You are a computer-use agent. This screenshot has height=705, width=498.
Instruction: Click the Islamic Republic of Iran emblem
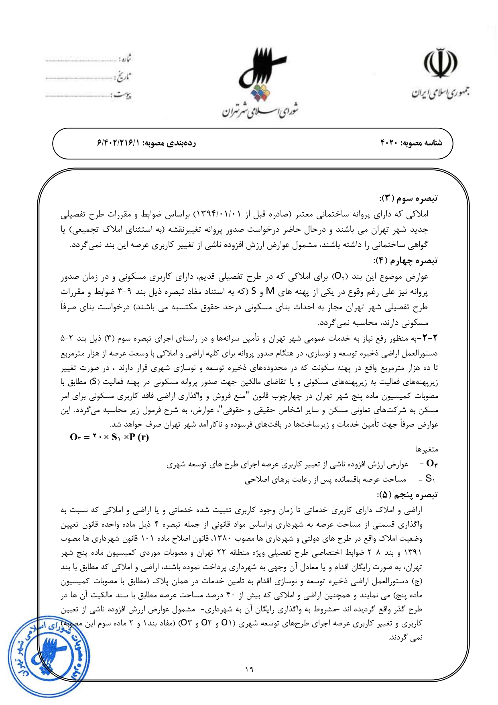click(x=440, y=64)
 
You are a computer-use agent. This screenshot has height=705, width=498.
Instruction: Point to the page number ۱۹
click(x=249, y=669)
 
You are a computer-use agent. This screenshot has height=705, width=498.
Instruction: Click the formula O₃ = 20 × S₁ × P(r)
click(x=109, y=437)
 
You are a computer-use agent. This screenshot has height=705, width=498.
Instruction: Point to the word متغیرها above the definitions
click(x=427, y=450)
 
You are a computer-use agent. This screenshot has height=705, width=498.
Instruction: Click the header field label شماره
click(x=125, y=59)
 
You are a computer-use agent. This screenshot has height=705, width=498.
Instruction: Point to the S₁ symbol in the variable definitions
click(x=430, y=479)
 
